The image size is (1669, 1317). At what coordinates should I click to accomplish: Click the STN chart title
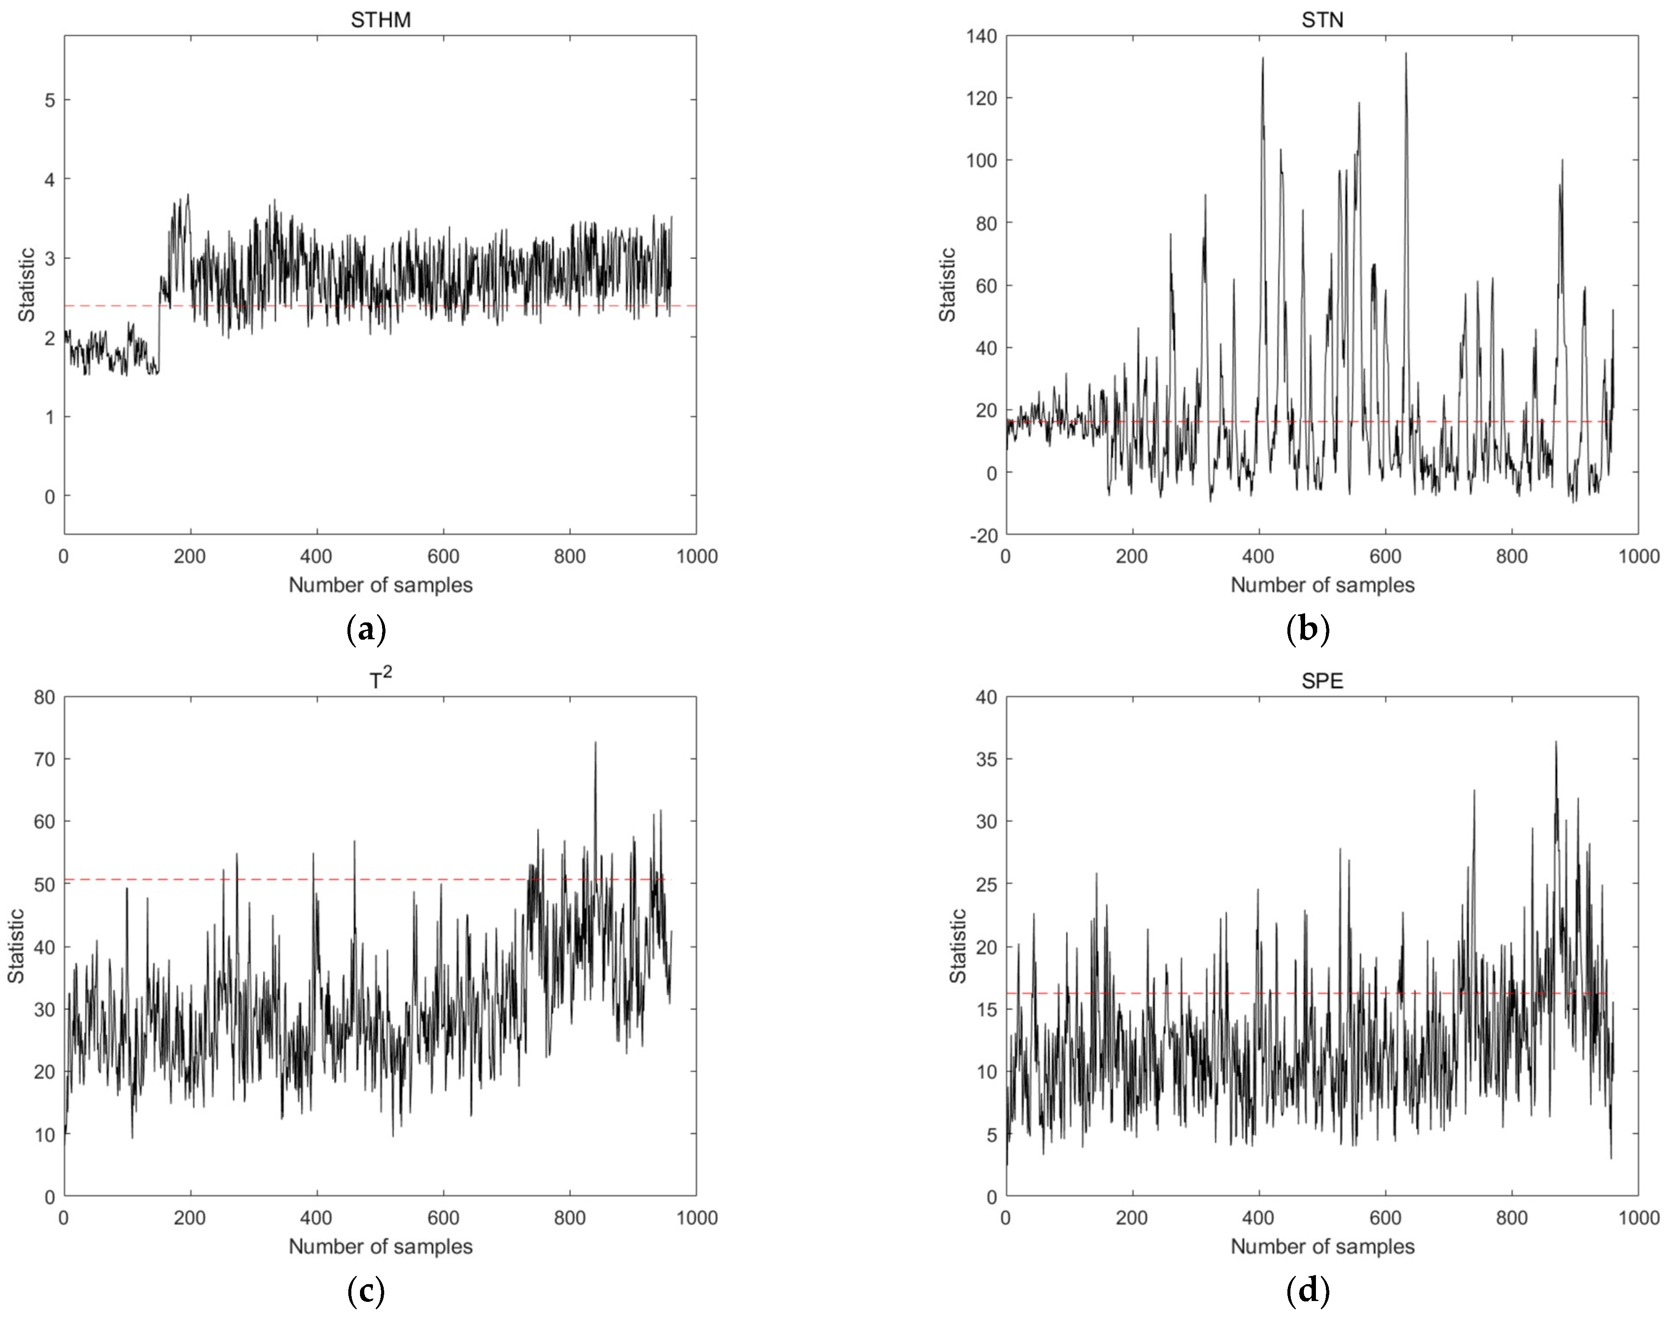point(1322,19)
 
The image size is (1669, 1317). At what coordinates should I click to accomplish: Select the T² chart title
point(380,679)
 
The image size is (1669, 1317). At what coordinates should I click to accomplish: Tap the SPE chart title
point(1322,681)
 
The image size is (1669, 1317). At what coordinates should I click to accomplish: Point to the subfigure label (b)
point(1308,630)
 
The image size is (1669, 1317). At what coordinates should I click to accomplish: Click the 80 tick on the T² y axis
point(44,697)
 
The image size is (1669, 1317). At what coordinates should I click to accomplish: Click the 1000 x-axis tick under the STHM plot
point(696,556)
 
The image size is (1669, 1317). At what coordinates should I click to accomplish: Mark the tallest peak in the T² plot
point(595,743)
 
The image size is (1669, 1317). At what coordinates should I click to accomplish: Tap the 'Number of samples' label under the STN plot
point(1322,585)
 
